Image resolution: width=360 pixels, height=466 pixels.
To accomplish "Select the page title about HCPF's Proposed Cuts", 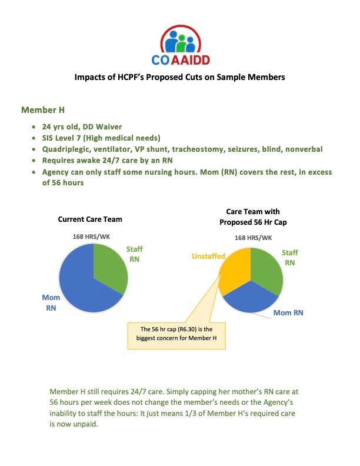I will coord(180,77).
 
